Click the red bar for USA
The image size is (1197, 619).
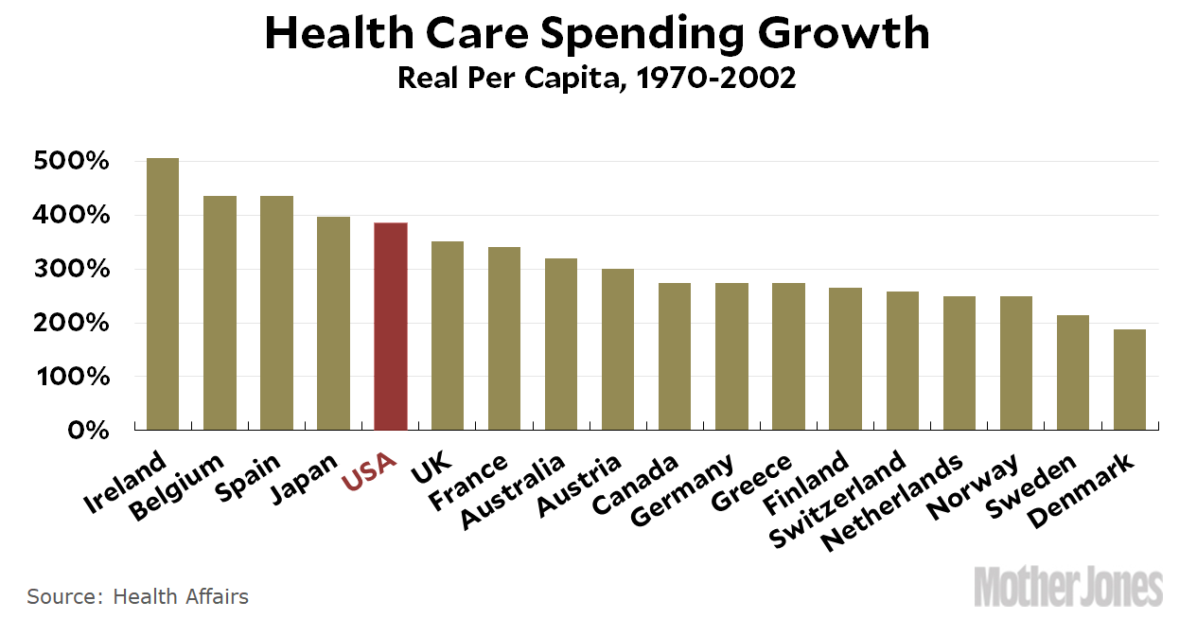pos(391,327)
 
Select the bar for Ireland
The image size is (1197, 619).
pos(163,294)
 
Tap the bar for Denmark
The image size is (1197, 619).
pos(1130,380)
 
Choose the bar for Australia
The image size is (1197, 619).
pos(561,345)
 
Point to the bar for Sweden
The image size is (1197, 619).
pos(1073,373)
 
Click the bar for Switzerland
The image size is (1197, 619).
pos(902,361)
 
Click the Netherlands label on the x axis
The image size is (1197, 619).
pos(892,502)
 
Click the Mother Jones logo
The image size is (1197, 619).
pos(1068,587)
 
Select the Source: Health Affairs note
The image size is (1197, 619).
pos(137,597)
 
